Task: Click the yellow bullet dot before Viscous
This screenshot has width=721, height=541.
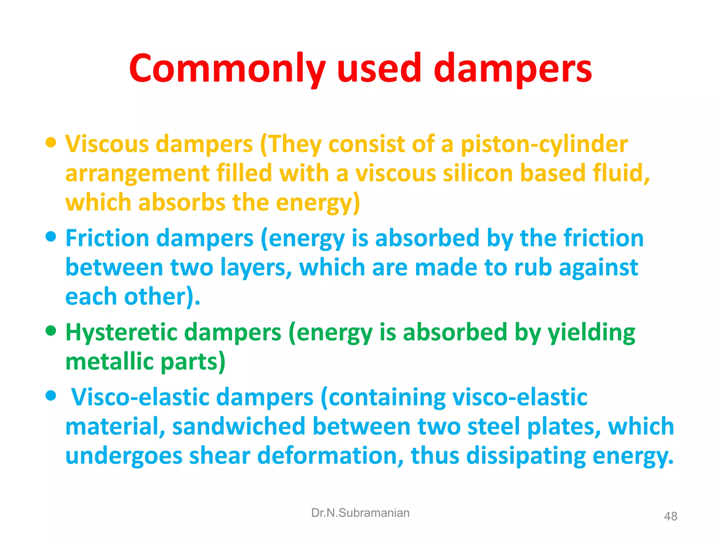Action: (x=51, y=143)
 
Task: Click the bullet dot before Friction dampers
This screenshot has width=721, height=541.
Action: (x=51, y=237)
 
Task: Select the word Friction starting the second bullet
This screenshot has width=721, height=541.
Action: (x=107, y=238)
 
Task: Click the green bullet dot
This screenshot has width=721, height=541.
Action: (x=51, y=331)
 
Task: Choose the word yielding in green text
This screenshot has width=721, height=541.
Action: (x=591, y=333)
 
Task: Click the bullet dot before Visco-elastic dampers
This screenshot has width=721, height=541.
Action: (x=51, y=396)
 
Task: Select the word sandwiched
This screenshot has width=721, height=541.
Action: (x=239, y=427)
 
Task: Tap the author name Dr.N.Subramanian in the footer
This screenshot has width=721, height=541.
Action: (x=360, y=513)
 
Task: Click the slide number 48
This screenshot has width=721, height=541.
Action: (x=670, y=516)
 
